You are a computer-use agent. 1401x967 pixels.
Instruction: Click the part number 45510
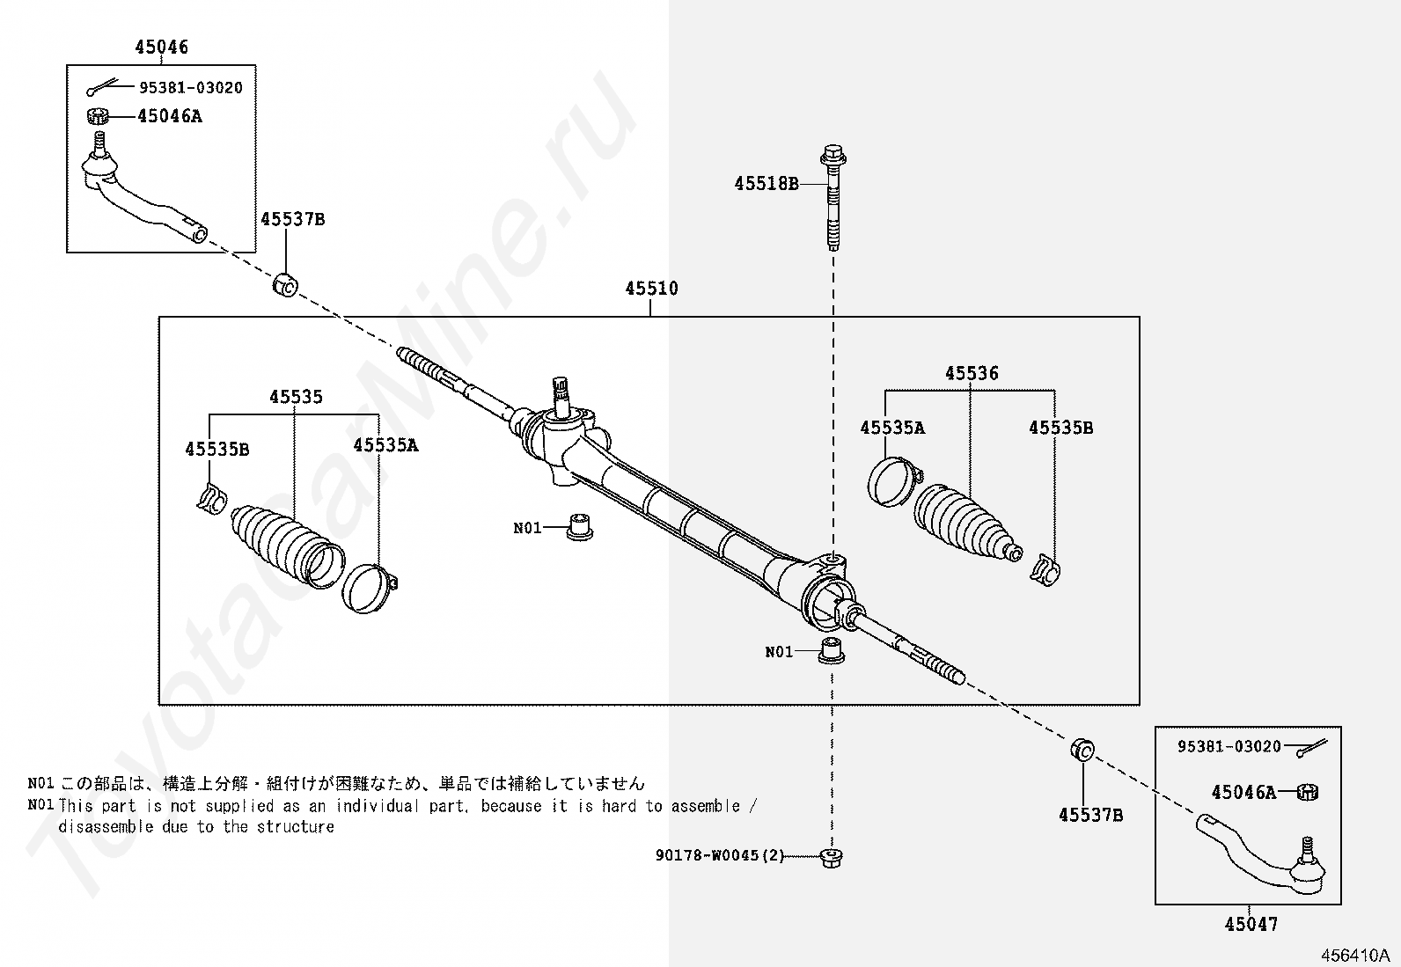tap(651, 288)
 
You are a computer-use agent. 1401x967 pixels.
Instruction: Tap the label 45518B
tap(767, 184)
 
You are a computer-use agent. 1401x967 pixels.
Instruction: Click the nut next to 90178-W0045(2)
tap(828, 856)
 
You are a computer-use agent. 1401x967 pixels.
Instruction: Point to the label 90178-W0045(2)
tap(719, 856)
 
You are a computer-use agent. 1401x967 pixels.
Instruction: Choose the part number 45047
tap(1251, 924)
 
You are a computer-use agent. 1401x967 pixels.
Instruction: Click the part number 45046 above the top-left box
tap(161, 48)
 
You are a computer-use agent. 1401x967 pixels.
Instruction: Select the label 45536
tap(972, 373)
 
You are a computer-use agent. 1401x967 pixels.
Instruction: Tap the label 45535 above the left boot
tap(296, 397)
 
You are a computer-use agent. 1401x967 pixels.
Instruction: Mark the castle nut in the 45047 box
tap(1308, 792)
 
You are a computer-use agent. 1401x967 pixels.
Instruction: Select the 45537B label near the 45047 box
tap(1090, 815)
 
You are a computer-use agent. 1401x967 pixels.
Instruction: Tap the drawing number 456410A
tap(1353, 955)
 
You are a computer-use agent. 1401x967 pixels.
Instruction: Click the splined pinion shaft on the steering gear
tap(560, 393)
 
